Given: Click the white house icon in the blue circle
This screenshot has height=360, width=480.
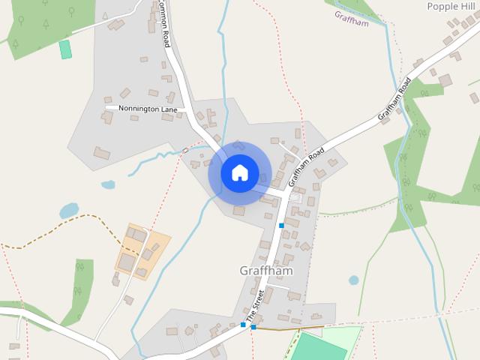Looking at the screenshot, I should [239, 172].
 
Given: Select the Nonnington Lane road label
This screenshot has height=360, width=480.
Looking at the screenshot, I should [147, 109].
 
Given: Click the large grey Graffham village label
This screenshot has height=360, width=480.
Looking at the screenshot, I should [265, 270].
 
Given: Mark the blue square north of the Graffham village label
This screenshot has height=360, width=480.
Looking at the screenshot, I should [281, 225].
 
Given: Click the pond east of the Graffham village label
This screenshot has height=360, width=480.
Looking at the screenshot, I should [353, 280].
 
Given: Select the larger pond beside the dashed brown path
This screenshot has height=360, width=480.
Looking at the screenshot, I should [69, 211].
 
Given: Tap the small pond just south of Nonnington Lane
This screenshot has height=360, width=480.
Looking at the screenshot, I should [109, 184].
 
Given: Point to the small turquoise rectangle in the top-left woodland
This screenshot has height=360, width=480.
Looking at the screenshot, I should [65, 49].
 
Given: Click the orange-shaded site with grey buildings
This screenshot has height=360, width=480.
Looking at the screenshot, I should [142, 250].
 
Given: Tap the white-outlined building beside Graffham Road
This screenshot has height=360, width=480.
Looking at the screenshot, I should [296, 198].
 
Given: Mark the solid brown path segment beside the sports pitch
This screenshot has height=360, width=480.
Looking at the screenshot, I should [289, 328].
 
